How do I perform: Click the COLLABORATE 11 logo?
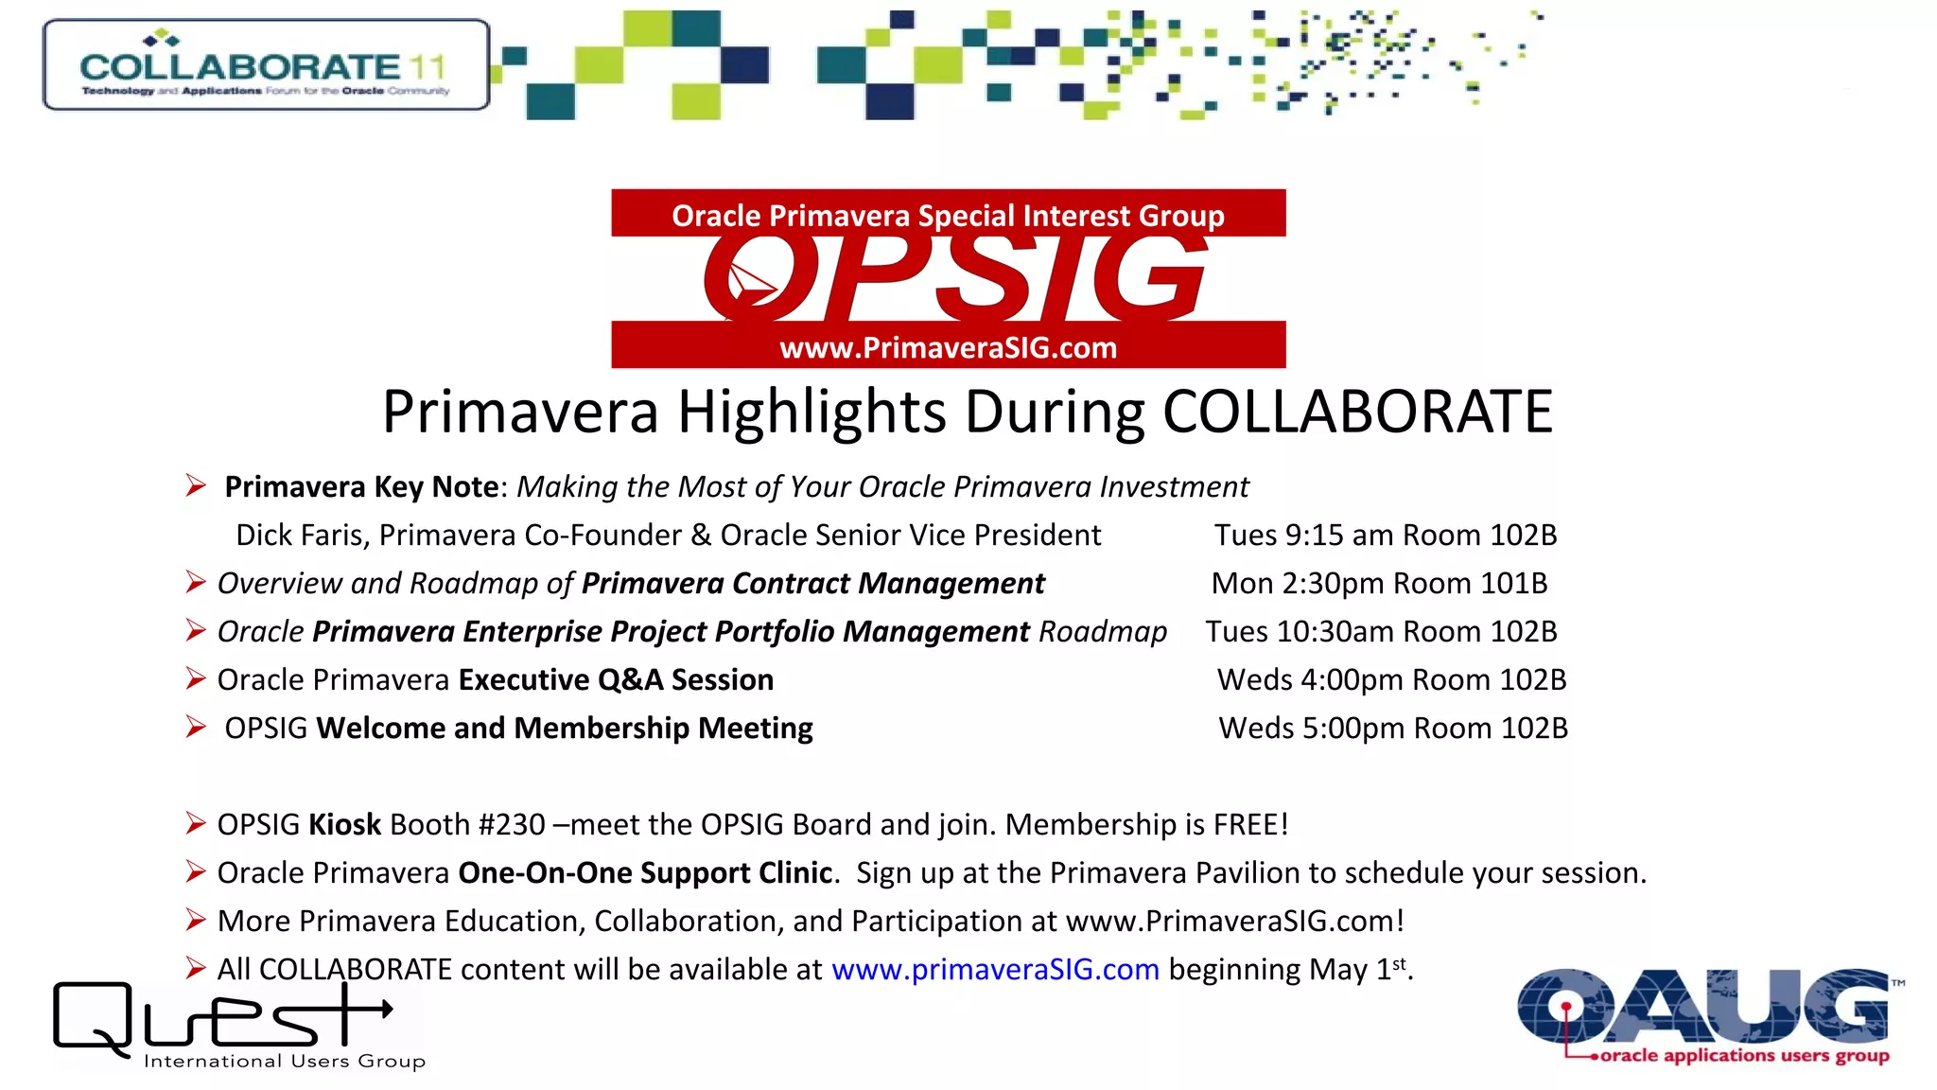pos(266,65)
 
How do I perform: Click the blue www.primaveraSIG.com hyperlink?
pos(995,970)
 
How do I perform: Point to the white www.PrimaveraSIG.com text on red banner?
pos(948,347)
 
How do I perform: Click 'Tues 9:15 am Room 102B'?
pos(1386,536)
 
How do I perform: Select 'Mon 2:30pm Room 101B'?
pos(1379,584)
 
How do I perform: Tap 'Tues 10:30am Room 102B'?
pos(1381,632)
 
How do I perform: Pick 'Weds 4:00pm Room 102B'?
pos(1391,680)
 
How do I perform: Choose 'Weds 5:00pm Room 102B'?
pos(1393,729)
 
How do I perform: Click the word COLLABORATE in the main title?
pos(1357,413)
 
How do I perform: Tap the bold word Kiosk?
pos(345,825)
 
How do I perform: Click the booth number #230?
pos(512,825)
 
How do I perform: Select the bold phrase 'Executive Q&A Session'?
pos(616,680)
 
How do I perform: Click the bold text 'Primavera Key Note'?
pos(361,487)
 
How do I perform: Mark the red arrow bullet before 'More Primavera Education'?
pos(196,920)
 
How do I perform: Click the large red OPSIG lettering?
pos(955,278)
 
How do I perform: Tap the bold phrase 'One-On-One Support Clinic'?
pos(646,873)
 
